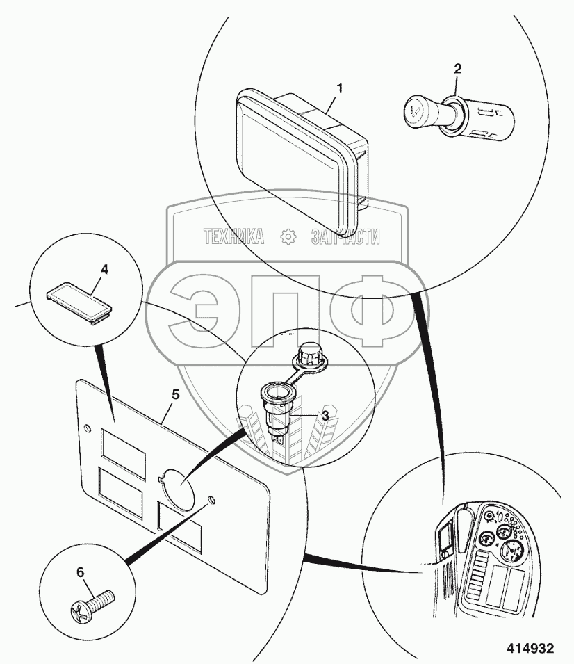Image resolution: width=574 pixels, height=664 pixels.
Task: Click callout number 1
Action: coord(341,88)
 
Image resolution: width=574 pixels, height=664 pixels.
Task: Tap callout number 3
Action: coord(325,415)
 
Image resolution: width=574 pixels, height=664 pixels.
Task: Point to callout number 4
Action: coord(105,268)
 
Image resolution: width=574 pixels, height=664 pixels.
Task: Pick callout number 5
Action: coord(175,394)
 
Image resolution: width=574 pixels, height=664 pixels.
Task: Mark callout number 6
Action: coord(80,572)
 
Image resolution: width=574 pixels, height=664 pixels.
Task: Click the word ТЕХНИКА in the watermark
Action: coord(233,237)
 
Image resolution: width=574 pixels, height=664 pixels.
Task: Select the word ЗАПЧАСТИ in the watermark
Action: coord(345,237)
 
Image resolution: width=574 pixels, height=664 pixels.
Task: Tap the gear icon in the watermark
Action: coord(288,237)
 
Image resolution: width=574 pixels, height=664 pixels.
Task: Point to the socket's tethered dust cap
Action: coord(306,356)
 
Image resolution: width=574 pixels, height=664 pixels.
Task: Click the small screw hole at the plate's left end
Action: coord(86,426)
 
